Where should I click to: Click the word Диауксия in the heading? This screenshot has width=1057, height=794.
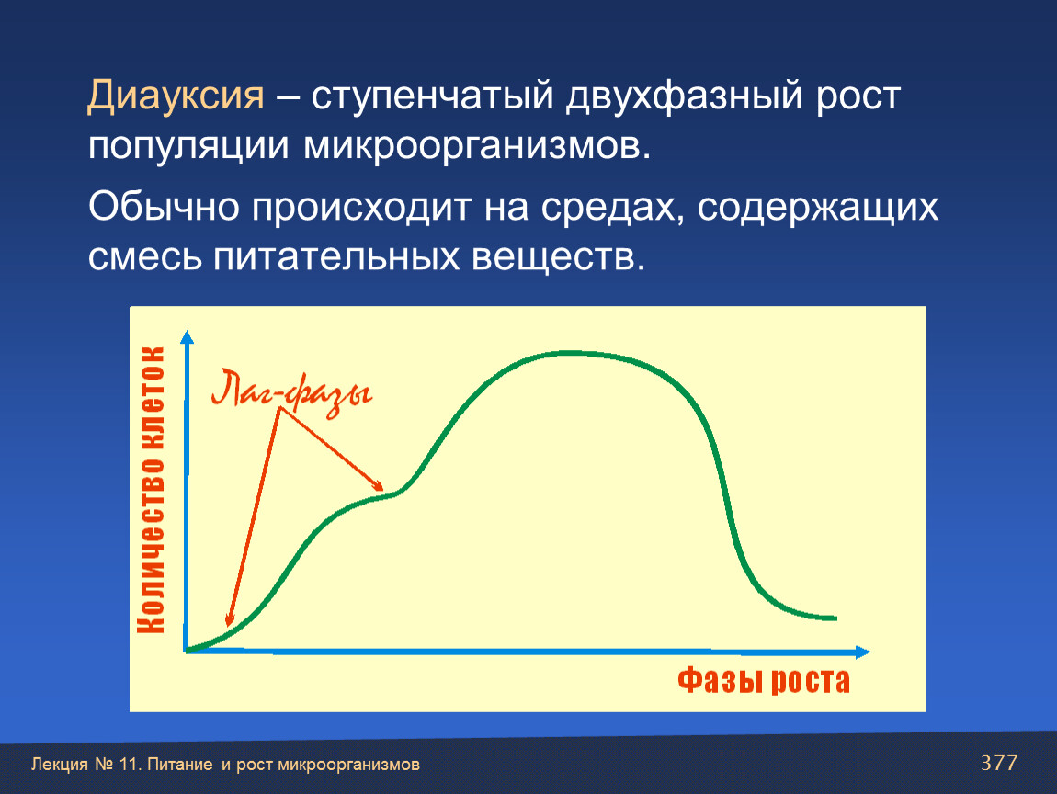[x=176, y=96]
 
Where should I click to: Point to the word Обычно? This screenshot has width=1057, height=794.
[x=164, y=207]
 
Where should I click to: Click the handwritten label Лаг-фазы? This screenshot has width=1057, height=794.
[x=291, y=393]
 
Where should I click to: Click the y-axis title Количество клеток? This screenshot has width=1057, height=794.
[x=151, y=490]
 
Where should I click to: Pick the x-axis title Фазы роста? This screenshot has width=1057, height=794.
[x=764, y=680]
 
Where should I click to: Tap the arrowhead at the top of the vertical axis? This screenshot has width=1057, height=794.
[x=188, y=336]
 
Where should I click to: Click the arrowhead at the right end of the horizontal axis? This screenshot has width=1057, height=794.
[x=864, y=652]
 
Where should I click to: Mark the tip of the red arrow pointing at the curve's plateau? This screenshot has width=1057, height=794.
[x=382, y=490]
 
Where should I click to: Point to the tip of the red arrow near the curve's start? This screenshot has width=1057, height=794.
[x=229, y=625]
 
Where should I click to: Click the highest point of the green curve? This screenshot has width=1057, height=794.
[x=570, y=353]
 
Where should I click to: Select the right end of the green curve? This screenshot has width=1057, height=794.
[x=835, y=618]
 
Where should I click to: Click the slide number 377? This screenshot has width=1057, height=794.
[x=999, y=763]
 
